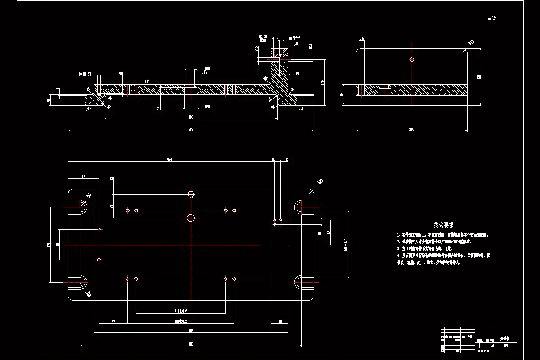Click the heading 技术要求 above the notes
pyautogui.click(x=443, y=225)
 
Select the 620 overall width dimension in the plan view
pyautogui.click(x=191, y=344)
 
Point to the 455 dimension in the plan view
pyautogui.click(x=191, y=330)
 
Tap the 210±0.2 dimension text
pyautogui.click(x=180, y=311)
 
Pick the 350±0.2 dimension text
pyautogui.click(x=180, y=321)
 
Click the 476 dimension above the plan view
pyautogui.click(x=170, y=159)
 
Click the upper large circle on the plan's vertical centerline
pyautogui.click(x=191, y=194)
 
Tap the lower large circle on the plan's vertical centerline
pyautogui.click(x=191, y=218)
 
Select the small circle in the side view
pyautogui.click(x=412, y=59)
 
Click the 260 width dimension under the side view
pyautogui.click(x=411, y=130)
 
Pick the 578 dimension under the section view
pyautogui.click(x=191, y=130)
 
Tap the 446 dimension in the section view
pyautogui.click(x=191, y=117)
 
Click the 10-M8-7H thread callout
pyautogui.click(x=85, y=73)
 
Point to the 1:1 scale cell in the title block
pyautogui.click(x=491, y=345)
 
